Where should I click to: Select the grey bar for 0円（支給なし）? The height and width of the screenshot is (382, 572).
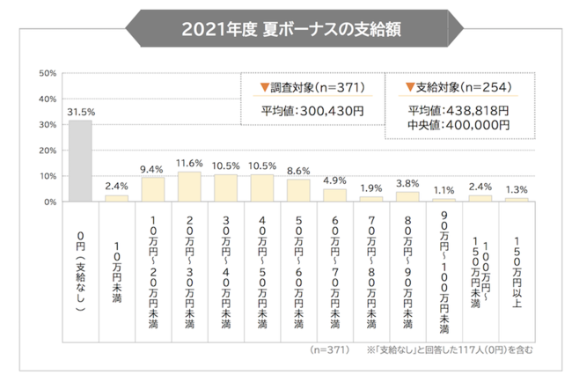pyautogui.click(x=80, y=161)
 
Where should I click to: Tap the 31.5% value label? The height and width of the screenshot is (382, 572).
pyautogui.click(x=80, y=112)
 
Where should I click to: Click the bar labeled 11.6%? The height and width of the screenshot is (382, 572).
pyautogui.click(x=189, y=187)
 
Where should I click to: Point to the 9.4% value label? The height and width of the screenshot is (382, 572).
pyautogui.click(x=152, y=169)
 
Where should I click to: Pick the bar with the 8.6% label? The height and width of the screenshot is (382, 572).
pyautogui.click(x=298, y=190)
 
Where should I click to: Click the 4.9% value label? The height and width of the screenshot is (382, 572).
pyautogui.click(x=335, y=181)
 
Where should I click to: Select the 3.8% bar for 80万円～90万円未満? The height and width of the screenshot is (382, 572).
pyautogui.click(x=407, y=196)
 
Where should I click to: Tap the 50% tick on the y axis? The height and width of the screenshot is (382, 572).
pyautogui.click(x=48, y=73)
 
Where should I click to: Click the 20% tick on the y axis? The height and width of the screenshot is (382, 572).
pyautogui.click(x=48, y=151)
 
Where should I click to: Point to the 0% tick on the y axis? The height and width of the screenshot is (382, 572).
pyautogui.click(x=50, y=202)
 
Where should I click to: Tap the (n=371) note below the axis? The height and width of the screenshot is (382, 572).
pyautogui.click(x=331, y=349)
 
